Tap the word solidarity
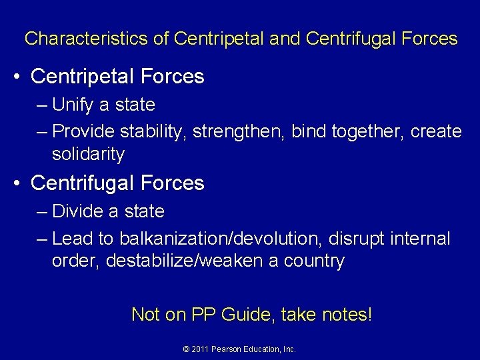pyautogui.click(x=88, y=154)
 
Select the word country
pyautogui.click(x=315, y=261)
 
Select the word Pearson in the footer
pyautogui.click(x=227, y=349)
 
